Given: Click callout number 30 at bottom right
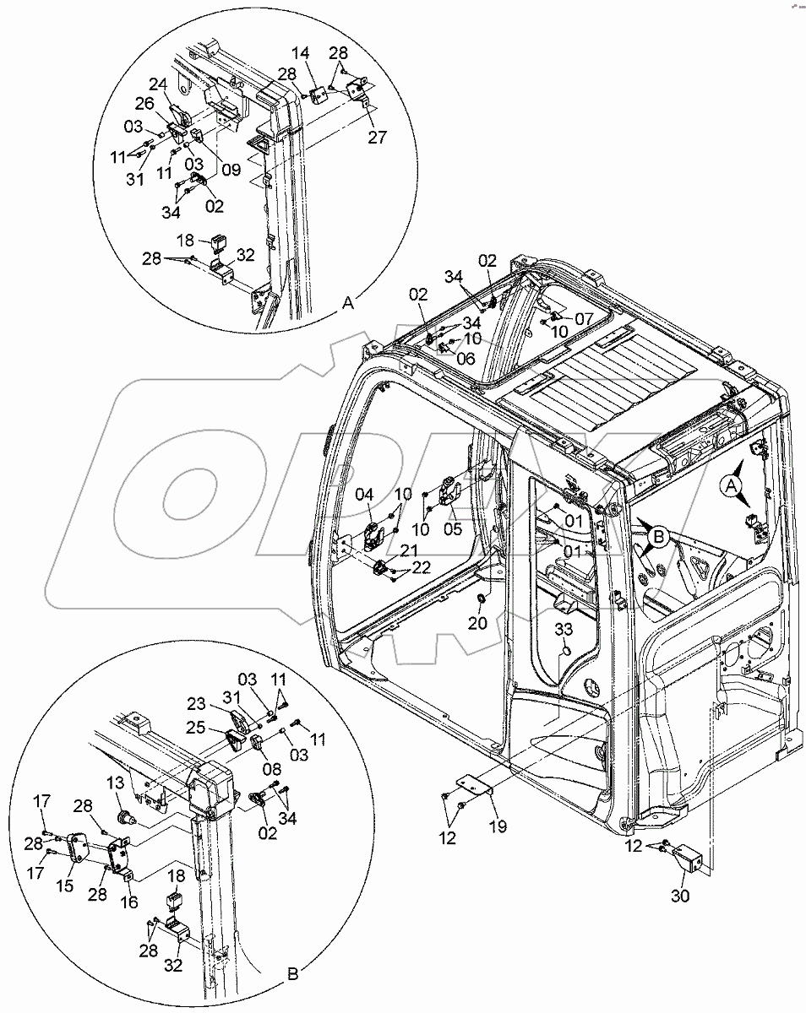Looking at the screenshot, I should [679, 897].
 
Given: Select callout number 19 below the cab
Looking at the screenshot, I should [497, 827].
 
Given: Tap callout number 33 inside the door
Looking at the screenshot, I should [564, 629].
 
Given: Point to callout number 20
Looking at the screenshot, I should [479, 623].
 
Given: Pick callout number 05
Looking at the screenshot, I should [451, 529].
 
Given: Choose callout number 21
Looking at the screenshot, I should [408, 551].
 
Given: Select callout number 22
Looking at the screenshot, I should [421, 566].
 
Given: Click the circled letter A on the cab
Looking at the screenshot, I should [732, 485].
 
